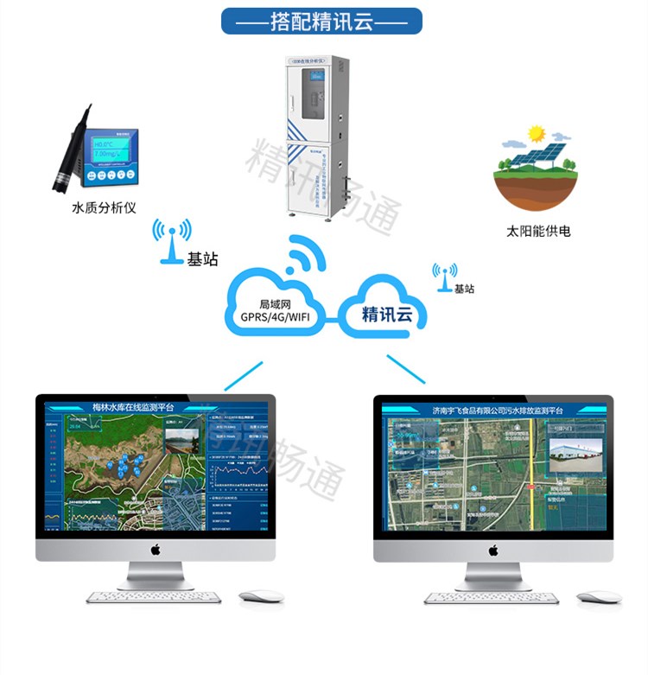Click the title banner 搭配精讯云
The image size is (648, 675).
(x=321, y=21)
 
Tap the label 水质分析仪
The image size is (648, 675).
(x=104, y=207)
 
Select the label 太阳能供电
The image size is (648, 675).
(x=538, y=232)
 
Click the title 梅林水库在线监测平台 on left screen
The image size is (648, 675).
(x=134, y=407)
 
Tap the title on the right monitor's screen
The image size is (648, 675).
(x=498, y=411)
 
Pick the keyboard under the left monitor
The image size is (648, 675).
(x=154, y=596)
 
